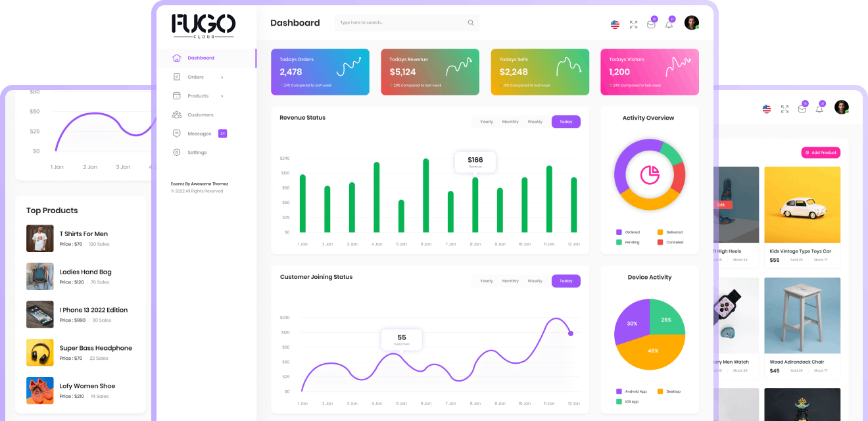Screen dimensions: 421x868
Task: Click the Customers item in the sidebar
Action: point(200,114)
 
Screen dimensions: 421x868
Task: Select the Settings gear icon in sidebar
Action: point(176,153)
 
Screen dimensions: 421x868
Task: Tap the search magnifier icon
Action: point(471,22)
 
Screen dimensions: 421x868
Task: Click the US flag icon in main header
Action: point(615,24)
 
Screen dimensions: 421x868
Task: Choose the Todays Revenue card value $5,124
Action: point(402,72)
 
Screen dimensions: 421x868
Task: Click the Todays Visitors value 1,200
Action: point(619,72)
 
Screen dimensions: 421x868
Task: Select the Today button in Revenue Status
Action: point(566,122)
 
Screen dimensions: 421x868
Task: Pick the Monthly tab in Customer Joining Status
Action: point(510,281)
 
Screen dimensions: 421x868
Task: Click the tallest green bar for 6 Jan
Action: point(425,195)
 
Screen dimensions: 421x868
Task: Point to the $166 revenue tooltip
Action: point(475,161)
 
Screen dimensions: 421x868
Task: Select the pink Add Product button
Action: point(821,153)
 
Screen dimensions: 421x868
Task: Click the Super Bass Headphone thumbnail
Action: point(39,353)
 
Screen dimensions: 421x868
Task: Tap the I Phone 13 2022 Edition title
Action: point(93,310)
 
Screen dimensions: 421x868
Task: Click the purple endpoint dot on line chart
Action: point(571,334)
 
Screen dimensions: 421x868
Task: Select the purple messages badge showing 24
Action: point(222,134)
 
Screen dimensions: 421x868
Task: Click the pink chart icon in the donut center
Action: point(650,174)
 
